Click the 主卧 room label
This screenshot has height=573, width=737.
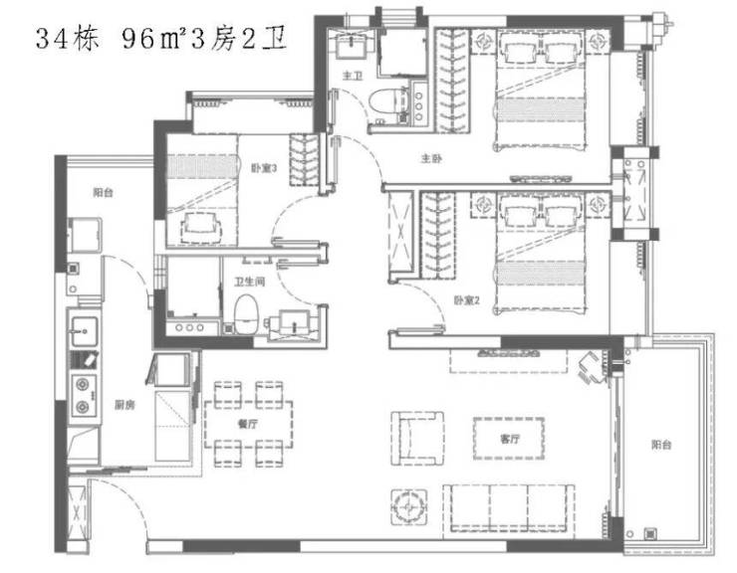[x=431, y=159]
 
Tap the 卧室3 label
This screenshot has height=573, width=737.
[x=264, y=168]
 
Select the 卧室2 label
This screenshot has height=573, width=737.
[x=466, y=300]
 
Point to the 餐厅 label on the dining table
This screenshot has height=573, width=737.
[x=248, y=424]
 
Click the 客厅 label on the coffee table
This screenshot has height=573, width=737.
[x=510, y=439]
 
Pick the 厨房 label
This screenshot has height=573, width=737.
[x=124, y=405]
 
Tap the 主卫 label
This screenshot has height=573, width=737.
[x=353, y=76]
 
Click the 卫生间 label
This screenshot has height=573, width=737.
[x=250, y=282]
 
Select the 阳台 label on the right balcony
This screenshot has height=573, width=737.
[x=661, y=445]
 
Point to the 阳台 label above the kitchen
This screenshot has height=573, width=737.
[x=103, y=192]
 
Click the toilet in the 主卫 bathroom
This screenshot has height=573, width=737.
[x=384, y=101]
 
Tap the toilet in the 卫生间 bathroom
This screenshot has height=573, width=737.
[x=246, y=313]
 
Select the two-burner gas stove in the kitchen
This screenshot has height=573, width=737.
[x=84, y=396]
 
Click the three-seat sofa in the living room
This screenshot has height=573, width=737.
[x=508, y=508]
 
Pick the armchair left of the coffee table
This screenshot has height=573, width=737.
[x=417, y=438]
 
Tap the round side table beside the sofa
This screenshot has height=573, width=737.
[x=409, y=507]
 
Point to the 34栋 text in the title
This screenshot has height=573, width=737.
[x=68, y=39]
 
